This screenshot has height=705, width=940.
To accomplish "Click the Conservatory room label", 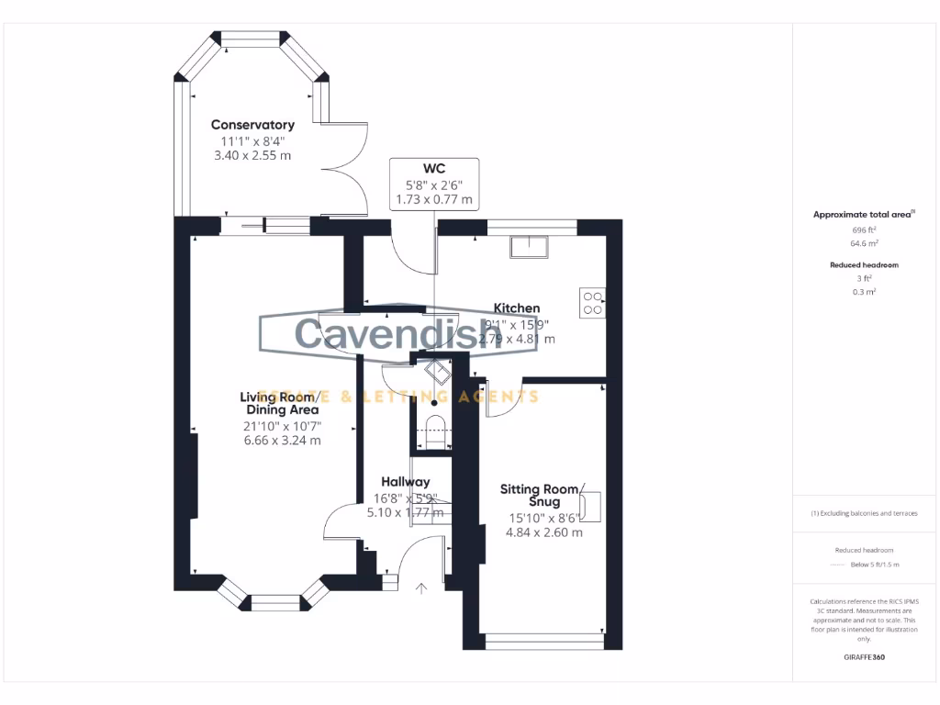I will (x=252, y=125).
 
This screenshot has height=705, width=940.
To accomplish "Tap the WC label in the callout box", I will (x=434, y=168).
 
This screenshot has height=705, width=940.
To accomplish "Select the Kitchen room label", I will (x=517, y=308).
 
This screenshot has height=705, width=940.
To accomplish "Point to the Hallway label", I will (x=405, y=482).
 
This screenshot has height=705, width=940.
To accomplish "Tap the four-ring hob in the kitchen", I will (x=592, y=303).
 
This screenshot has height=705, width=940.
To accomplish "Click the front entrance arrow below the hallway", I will (x=421, y=588).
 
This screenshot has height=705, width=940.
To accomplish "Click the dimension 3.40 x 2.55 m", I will (x=252, y=155).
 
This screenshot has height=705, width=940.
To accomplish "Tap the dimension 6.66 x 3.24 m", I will (x=282, y=441).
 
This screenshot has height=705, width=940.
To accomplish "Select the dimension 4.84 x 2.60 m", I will (x=546, y=532).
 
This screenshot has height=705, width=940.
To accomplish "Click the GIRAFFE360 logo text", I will (x=864, y=657).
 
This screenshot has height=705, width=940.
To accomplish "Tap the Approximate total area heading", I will (x=863, y=215).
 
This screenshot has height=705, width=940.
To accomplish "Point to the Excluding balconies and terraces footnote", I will (x=864, y=513).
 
